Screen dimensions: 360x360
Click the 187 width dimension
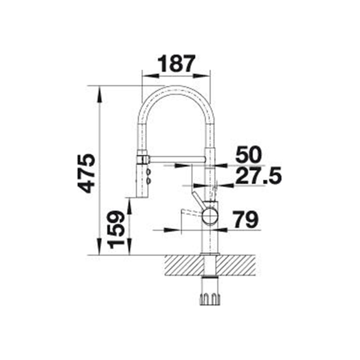(176, 63)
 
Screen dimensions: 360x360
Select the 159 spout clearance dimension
(117, 230)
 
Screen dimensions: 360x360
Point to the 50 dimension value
(249, 154)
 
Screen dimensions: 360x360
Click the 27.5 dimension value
(258, 176)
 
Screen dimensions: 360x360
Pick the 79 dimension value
(245, 220)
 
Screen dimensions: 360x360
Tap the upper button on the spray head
(148, 171)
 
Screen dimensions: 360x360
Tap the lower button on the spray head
(148, 180)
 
